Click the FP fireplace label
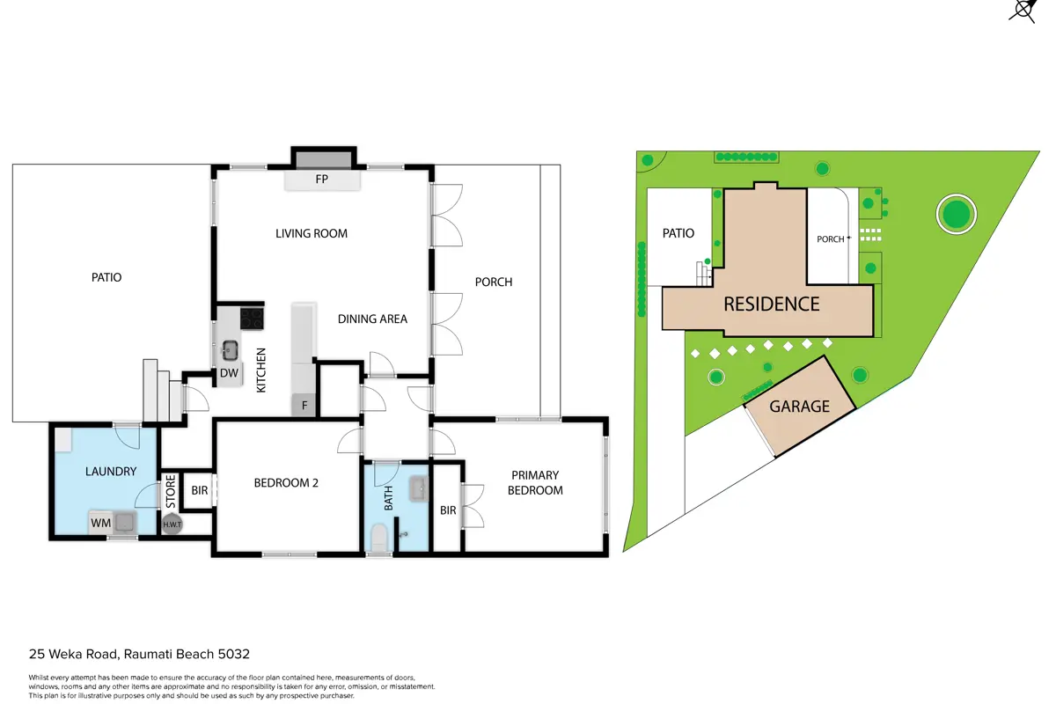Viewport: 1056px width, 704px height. (321, 180)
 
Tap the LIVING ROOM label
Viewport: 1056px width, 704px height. (312, 233)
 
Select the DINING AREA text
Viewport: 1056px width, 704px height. (372, 319)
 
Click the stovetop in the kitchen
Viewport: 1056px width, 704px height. (252, 319)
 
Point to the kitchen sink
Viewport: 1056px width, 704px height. (230, 349)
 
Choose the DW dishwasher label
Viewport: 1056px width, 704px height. (229, 373)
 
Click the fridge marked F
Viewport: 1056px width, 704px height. (304, 405)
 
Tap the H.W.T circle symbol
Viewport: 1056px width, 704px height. (172, 524)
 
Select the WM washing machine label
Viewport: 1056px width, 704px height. (101, 523)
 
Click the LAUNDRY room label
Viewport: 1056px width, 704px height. (111, 472)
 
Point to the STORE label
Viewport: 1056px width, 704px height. (171, 491)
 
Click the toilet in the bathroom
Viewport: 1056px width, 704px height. (378, 538)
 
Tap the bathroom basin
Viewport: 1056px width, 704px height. (419, 489)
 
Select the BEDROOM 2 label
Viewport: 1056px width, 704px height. (286, 483)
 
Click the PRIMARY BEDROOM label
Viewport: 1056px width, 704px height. (535, 482)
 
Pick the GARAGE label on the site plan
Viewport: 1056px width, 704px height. (800, 407)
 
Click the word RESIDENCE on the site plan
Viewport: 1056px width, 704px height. (772, 304)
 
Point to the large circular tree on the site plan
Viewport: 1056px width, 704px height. (956, 214)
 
